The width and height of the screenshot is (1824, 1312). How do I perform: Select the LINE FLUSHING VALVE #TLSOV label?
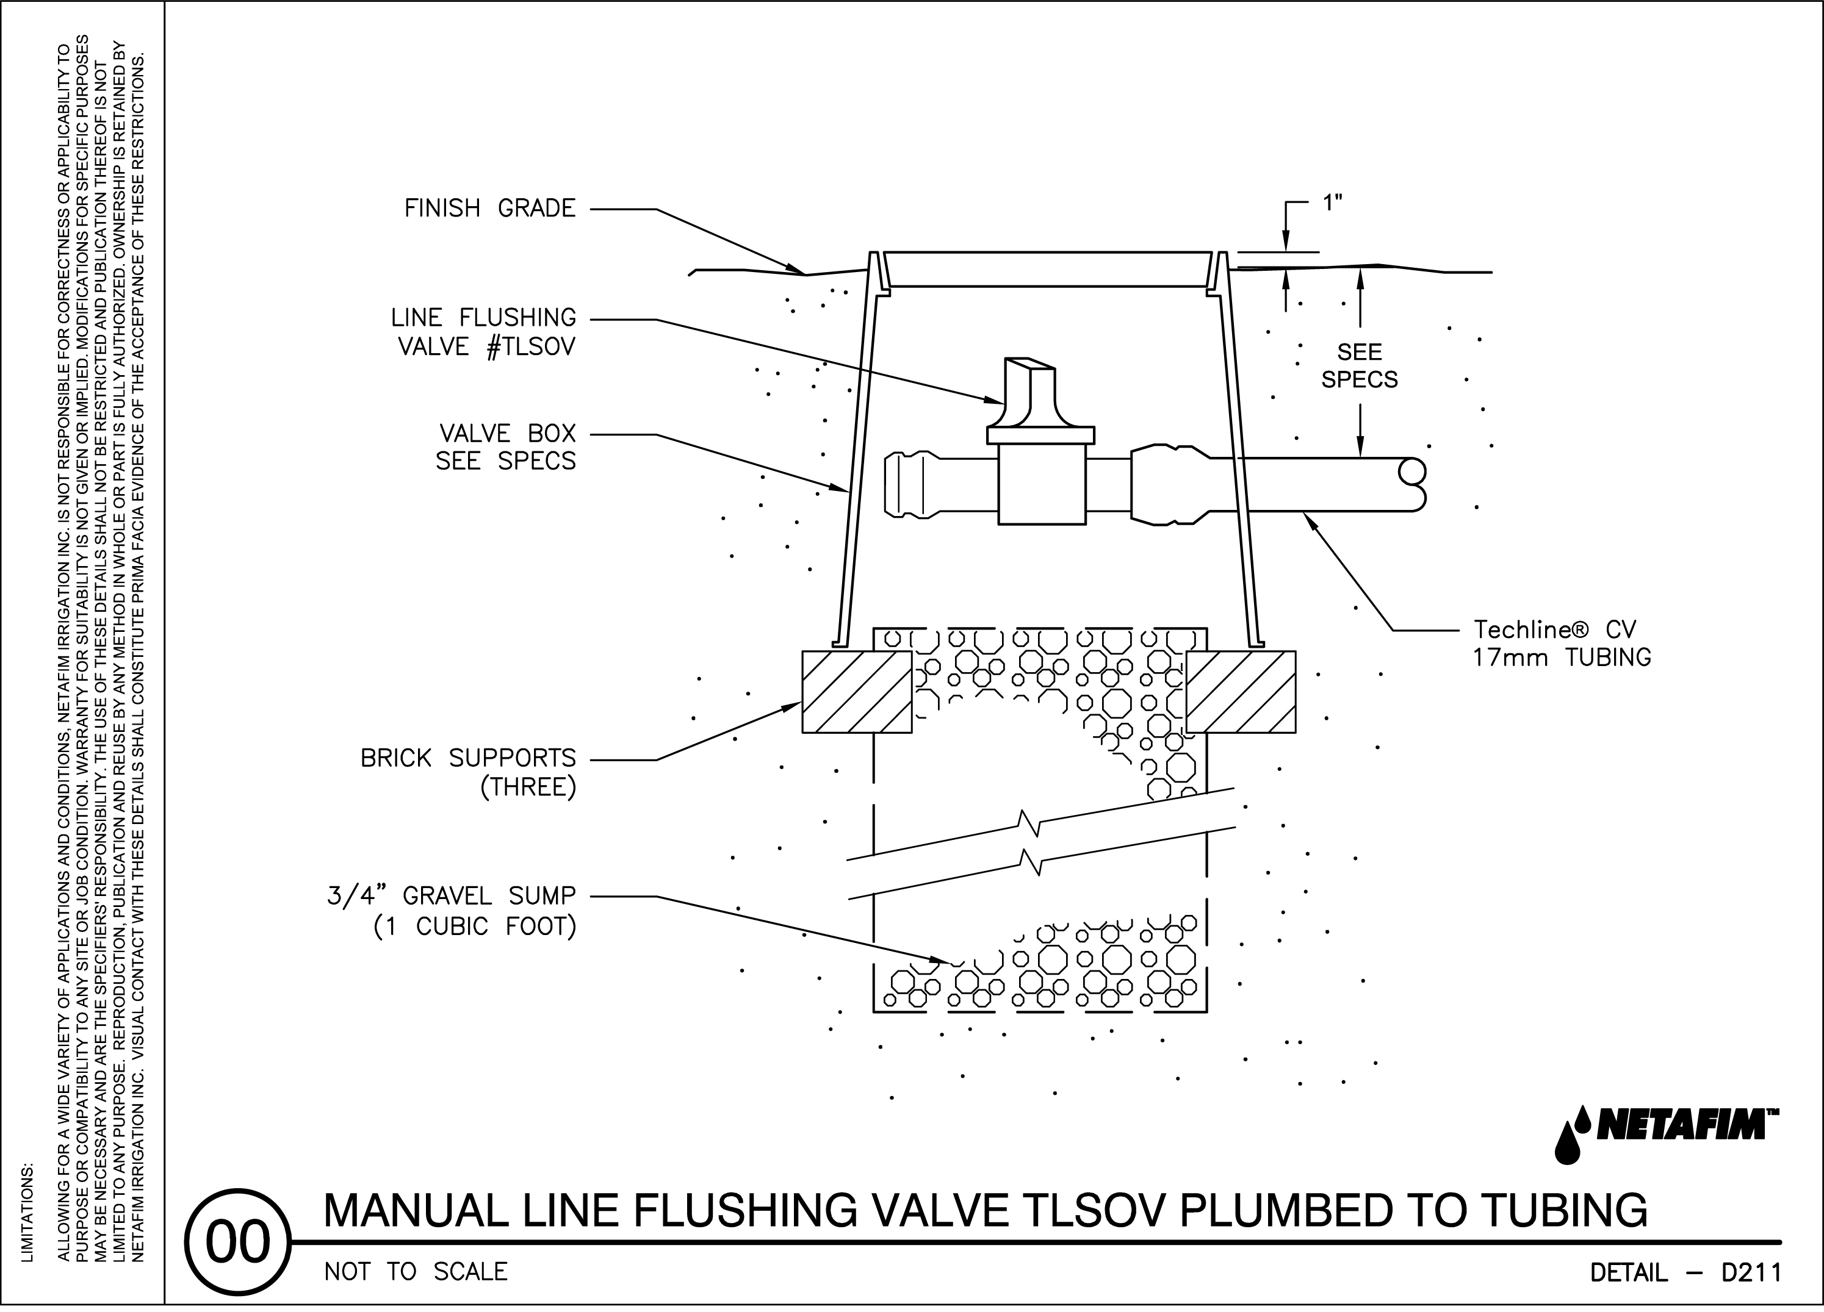coord(483,332)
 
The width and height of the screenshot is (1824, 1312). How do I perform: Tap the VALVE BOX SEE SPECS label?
coord(506,447)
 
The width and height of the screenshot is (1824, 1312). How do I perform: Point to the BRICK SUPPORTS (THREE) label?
coord(468,772)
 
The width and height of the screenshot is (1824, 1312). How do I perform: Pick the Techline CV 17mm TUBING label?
coord(1561,643)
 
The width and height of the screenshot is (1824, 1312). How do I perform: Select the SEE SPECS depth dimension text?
coord(1359,366)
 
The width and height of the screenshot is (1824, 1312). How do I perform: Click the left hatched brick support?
coord(857,691)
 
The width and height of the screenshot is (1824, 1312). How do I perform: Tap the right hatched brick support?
coord(1240,691)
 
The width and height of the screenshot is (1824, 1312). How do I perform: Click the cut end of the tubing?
coord(1413,485)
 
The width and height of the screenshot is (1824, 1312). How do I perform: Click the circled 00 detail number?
coord(237,1242)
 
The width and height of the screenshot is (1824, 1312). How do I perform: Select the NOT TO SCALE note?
coord(416,1272)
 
